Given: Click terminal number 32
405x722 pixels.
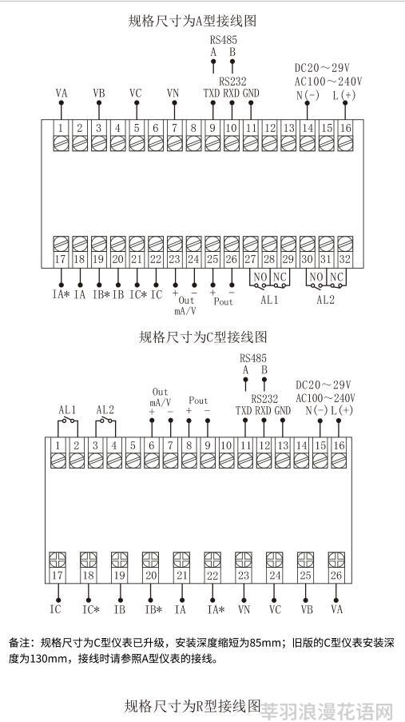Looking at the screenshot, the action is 345,259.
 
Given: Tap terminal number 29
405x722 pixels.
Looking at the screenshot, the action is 288,259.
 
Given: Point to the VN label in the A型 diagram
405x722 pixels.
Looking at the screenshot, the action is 173,93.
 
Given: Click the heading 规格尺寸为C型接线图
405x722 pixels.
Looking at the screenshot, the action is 203,337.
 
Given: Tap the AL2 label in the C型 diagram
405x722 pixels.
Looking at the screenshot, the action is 105,409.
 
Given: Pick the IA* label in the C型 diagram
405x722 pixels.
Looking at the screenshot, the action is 216,609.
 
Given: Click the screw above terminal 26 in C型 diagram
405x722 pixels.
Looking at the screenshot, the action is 336,560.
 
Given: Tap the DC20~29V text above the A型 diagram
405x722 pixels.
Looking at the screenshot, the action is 322,68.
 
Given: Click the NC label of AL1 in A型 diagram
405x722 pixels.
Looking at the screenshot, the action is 279,277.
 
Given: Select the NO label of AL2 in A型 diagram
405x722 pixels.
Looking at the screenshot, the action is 316,277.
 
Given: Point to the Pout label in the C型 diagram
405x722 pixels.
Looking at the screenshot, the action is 198,400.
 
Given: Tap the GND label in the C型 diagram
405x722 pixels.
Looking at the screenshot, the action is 283,410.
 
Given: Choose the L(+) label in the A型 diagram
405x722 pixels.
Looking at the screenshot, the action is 344,95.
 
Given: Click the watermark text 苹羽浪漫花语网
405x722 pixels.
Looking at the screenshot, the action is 327,711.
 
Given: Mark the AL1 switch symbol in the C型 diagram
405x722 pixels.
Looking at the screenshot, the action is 68,421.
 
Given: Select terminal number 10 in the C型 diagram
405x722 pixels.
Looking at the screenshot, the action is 226,445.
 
